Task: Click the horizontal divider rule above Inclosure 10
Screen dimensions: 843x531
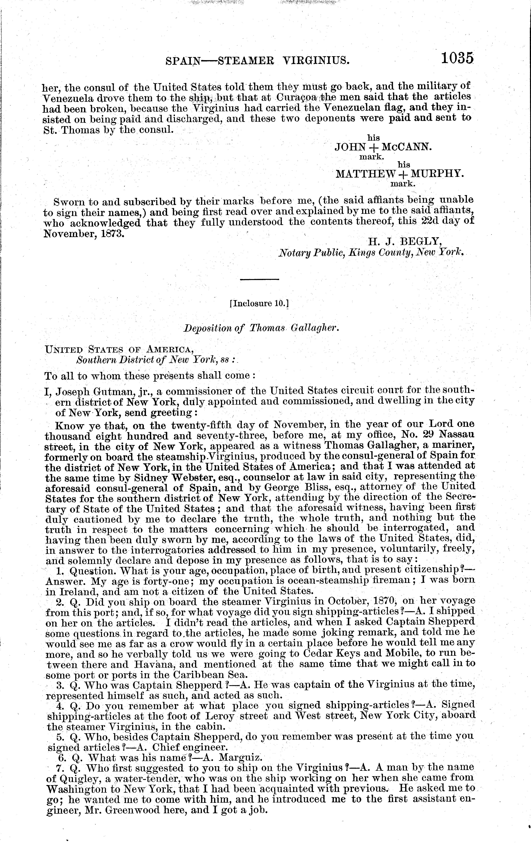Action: (259, 279)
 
